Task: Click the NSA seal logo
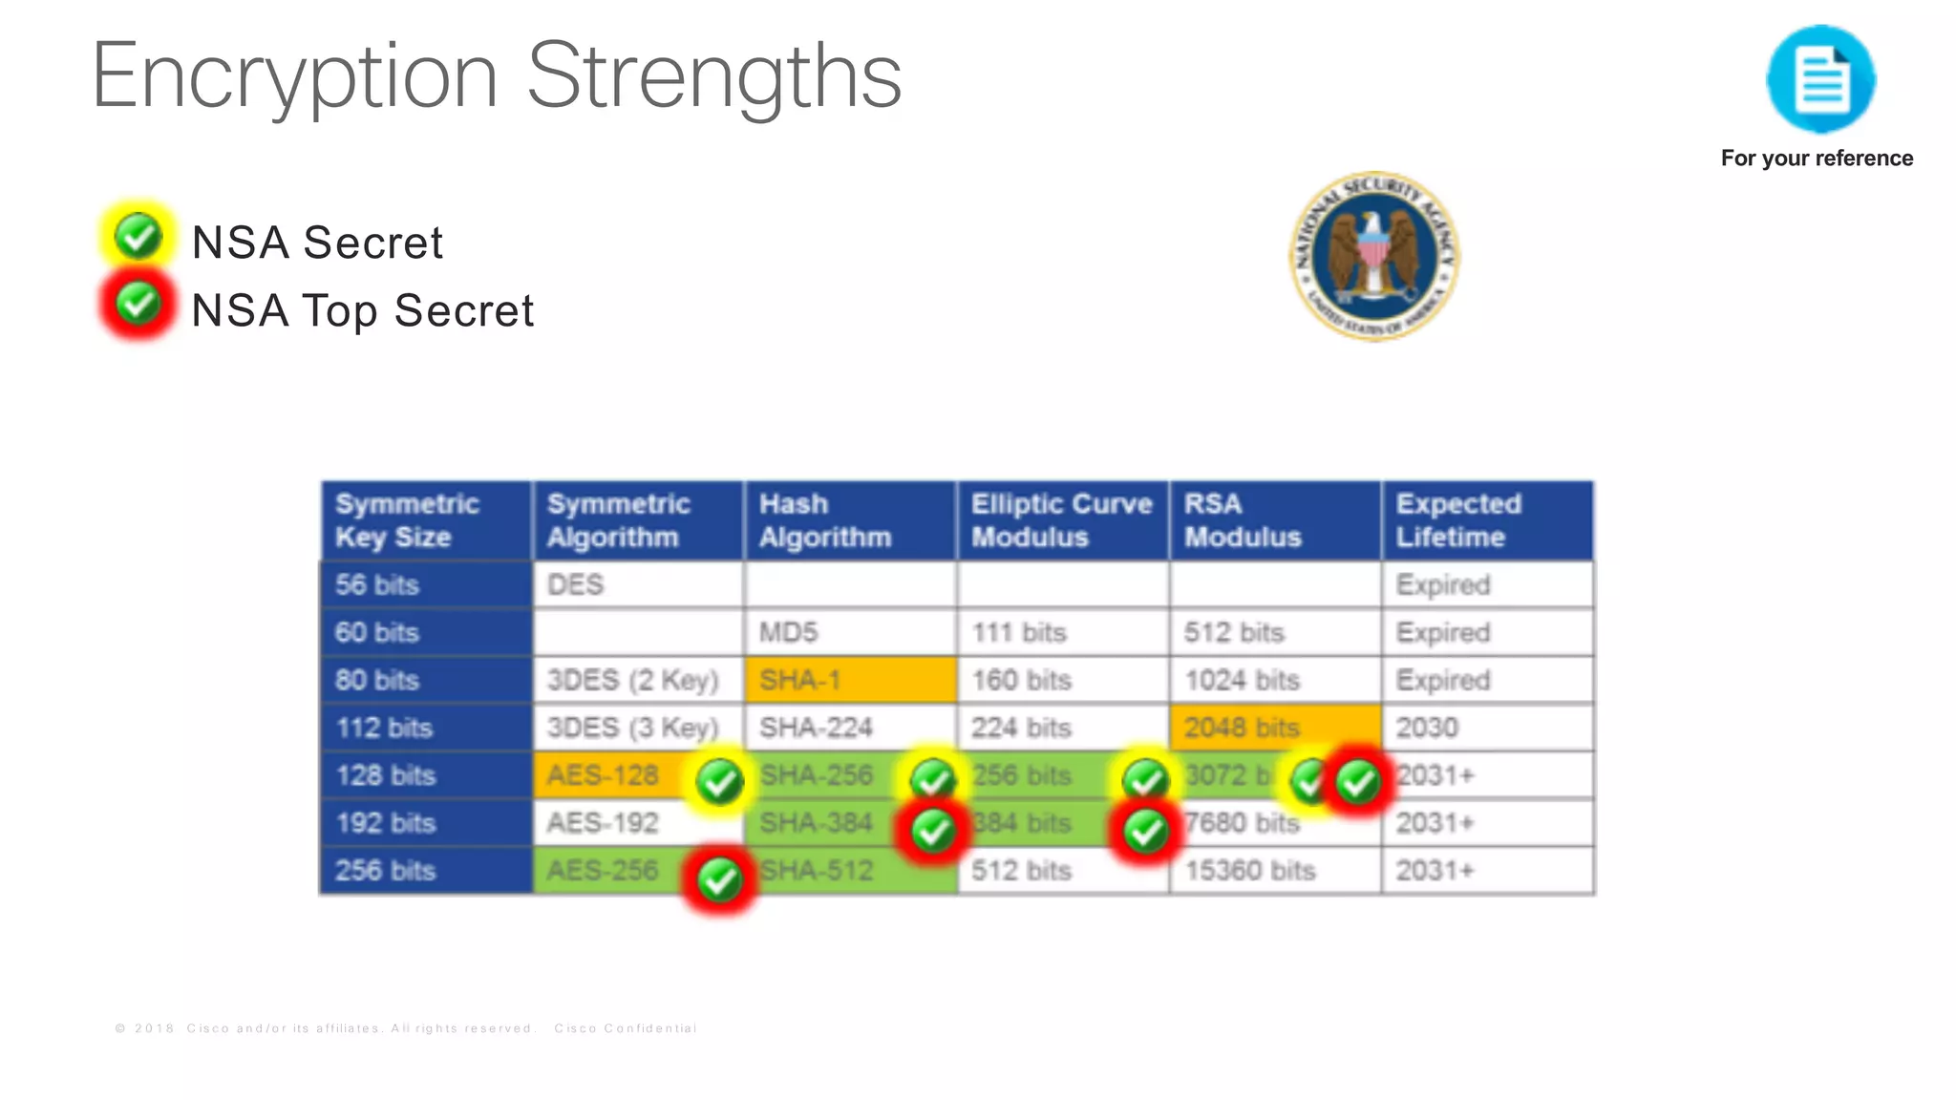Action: pyautogui.click(x=1373, y=256)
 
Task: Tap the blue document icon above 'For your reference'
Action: pyautogui.click(x=1820, y=80)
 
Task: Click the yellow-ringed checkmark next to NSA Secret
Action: pyautogui.click(x=138, y=236)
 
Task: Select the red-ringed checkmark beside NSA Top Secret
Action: pyautogui.click(x=138, y=305)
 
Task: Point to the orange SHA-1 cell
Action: pyautogui.click(x=849, y=680)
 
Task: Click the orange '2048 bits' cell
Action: pyautogui.click(x=1274, y=728)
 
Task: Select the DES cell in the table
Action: pyautogui.click(x=637, y=584)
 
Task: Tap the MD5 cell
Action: pyautogui.click(x=849, y=632)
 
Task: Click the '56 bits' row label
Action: pyautogui.click(x=425, y=584)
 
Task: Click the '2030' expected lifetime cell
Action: pyautogui.click(x=1486, y=728)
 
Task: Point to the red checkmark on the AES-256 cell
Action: pyautogui.click(x=719, y=879)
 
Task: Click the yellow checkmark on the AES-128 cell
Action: pyautogui.click(x=719, y=782)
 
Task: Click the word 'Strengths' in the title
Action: pyautogui.click(x=713, y=76)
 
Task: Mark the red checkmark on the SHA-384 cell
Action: pyautogui.click(x=932, y=831)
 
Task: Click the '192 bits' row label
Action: pyautogui.click(x=425, y=823)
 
